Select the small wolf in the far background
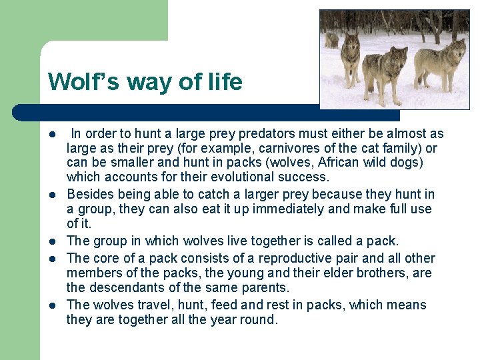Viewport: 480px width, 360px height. tap(331, 40)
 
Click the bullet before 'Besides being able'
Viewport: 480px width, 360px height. tap(51, 195)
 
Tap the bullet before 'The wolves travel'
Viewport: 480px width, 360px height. tap(51, 305)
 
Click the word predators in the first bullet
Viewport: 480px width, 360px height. tap(261, 134)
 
